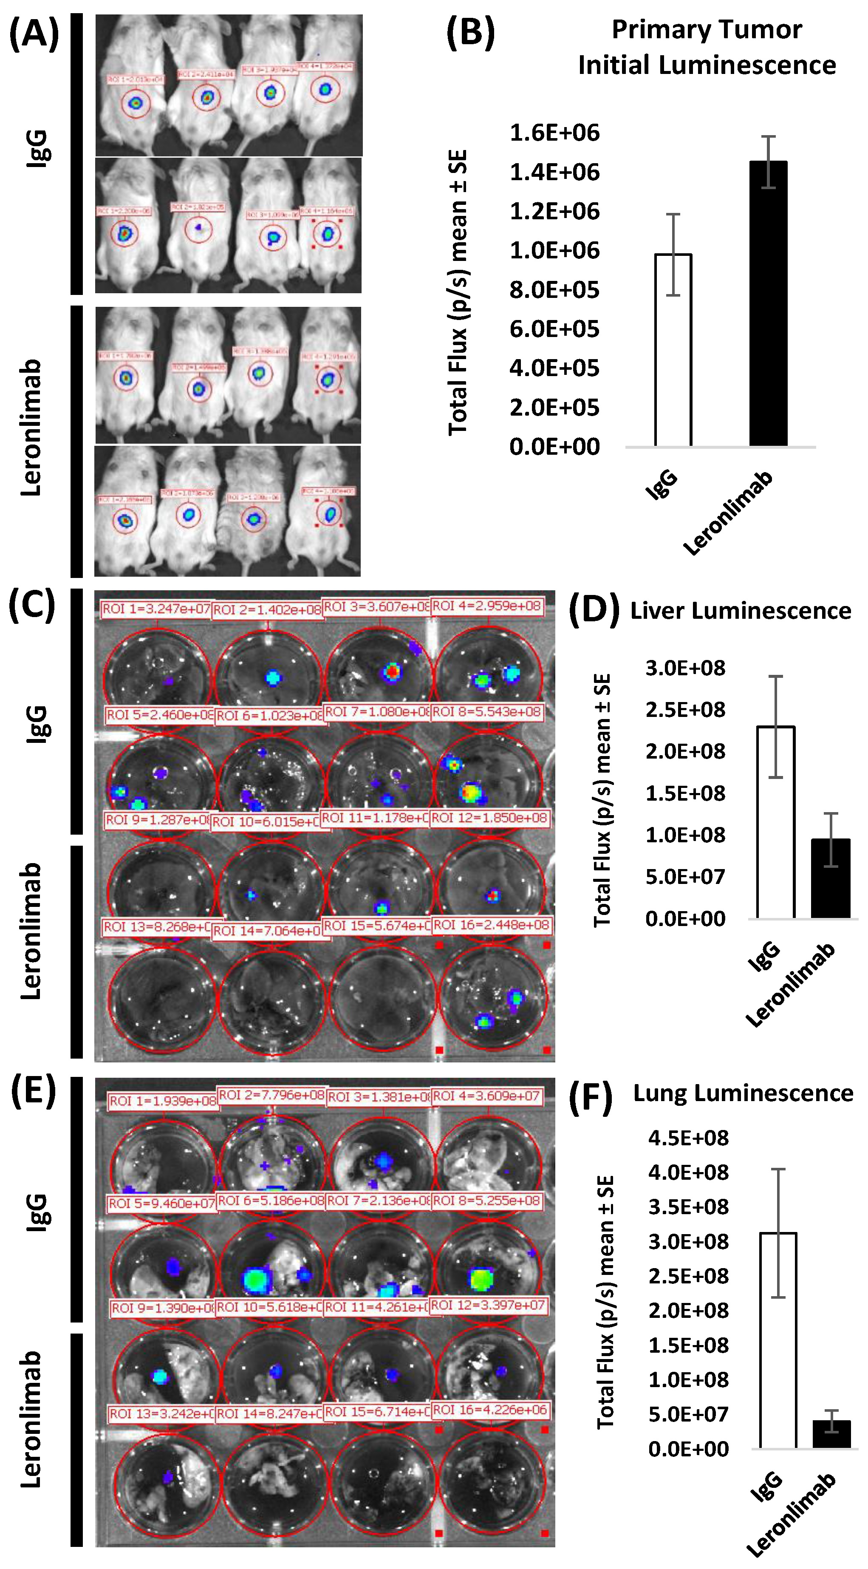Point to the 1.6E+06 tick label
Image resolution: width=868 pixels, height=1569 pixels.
pyautogui.click(x=554, y=133)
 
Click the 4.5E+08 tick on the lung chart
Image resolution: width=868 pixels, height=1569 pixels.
pyautogui.click(x=688, y=1138)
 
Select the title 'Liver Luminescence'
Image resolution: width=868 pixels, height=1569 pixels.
pyautogui.click(x=740, y=610)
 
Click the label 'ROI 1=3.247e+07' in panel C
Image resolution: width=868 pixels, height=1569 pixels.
pyautogui.click(x=156, y=609)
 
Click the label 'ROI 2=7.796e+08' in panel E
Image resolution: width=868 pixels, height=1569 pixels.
pyautogui.click(x=271, y=1095)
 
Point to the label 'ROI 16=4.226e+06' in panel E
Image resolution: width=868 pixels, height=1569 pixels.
pyautogui.click(x=490, y=1409)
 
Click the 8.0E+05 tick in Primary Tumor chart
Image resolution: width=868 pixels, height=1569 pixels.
pyautogui.click(x=554, y=290)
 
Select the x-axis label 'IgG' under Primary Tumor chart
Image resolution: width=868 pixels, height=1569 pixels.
pyautogui.click(x=662, y=485)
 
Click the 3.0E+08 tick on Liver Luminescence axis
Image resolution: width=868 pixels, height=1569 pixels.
pyautogui.click(x=685, y=668)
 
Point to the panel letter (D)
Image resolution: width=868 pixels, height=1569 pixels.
pyautogui.click(x=594, y=610)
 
